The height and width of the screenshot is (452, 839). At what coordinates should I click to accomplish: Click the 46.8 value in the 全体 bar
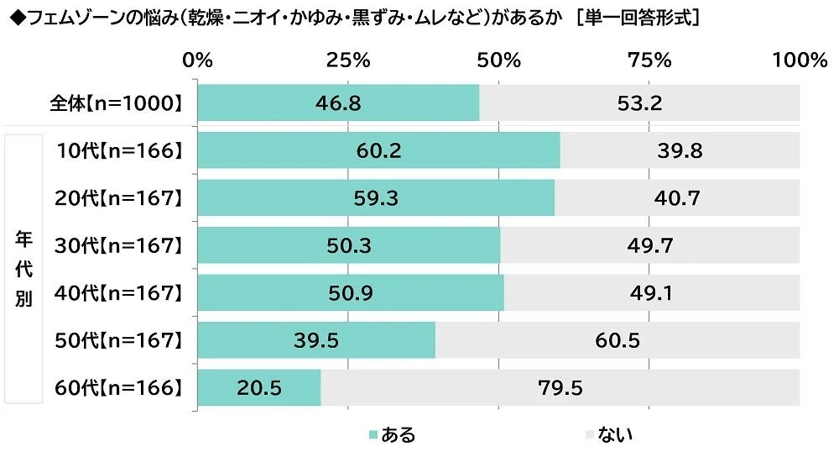[x=337, y=103]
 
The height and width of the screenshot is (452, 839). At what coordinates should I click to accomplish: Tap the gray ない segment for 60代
[x=560, y=387]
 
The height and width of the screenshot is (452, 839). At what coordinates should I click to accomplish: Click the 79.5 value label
[x=560, y=388]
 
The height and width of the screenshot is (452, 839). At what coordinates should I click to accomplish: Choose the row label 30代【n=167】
[x=117, y=246]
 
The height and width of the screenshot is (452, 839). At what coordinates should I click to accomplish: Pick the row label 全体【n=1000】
[x=116, y=103]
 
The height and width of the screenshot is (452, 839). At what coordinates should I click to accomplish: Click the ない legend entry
[x=608, y=434]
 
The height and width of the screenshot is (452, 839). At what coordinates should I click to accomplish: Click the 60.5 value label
[x=618, y=340]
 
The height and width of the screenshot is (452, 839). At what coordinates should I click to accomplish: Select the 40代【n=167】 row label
[x=117, y=293]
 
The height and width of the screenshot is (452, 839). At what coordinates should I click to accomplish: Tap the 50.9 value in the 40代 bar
[x=350, y=293]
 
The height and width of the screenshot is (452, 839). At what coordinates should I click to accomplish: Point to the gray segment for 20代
[x=677, y=198]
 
